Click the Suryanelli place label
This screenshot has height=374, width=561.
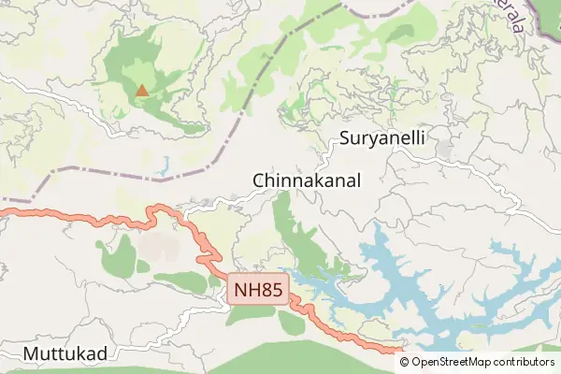[x=383, y=138]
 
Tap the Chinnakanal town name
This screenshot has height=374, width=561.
[x=306, y=179]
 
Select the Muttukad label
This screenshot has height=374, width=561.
[x=65, y=353]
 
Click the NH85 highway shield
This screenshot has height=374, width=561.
[x=258, y=290]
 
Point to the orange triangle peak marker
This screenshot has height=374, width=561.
[x=141, y=91]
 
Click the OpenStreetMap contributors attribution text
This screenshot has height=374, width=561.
[x=482, y=362]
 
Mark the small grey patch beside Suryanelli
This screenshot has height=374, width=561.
[x=443, y=148]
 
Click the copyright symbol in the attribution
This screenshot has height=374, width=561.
[x=405, y=362]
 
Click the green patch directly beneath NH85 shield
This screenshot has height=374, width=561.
[x=251, y=314]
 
